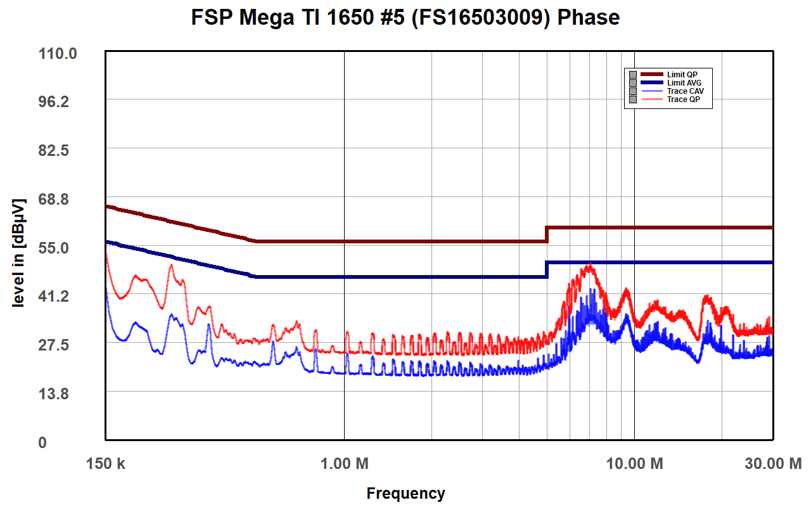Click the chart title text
[405, 17]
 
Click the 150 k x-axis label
[106, 464]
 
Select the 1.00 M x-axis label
[344, 464]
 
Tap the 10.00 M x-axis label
[634, 464]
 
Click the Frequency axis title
[405, 493]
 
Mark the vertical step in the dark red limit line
[547, 234]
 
